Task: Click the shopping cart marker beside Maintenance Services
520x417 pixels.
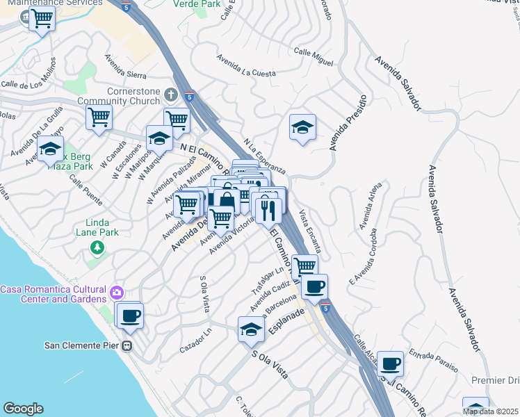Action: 42,19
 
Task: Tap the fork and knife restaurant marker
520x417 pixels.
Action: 268,208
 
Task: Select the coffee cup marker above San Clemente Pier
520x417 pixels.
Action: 130,316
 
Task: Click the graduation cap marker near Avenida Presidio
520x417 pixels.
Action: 302,128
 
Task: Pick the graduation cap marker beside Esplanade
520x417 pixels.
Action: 251,329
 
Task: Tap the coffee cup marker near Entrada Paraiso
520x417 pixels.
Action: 390,362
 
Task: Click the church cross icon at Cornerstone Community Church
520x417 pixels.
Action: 171,93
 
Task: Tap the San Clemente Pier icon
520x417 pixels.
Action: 127,345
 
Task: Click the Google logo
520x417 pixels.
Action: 23,409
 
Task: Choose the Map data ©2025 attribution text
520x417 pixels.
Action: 490,411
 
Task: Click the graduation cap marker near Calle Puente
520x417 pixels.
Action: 50,149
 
